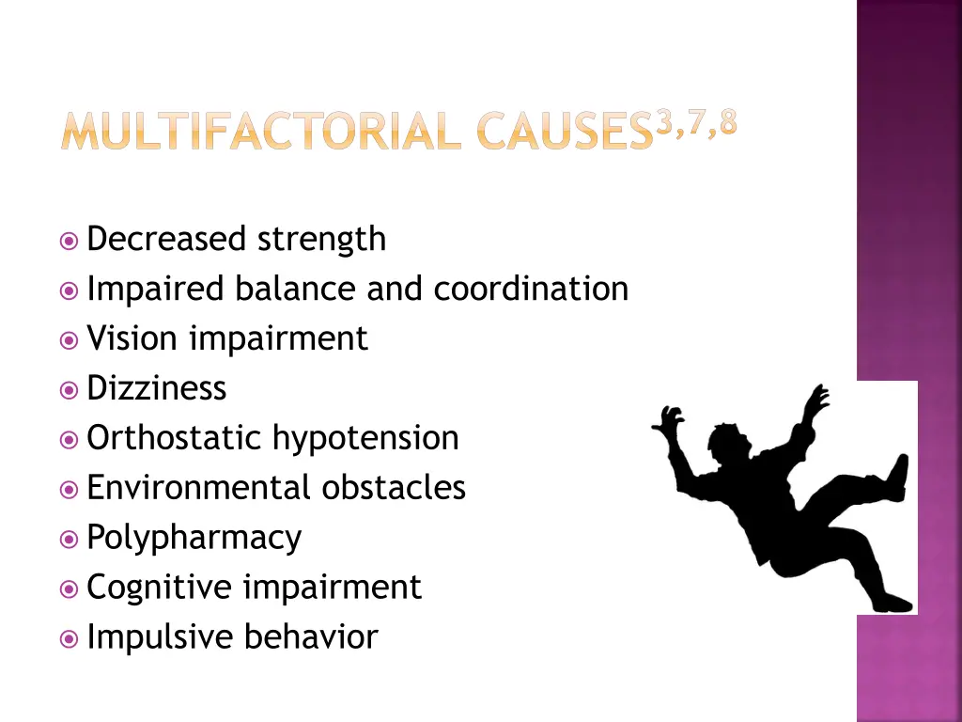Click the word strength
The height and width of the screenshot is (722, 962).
tap(322, 239)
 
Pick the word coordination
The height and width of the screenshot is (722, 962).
tap(531, 289)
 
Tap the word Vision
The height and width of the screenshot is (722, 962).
tap(133, 338)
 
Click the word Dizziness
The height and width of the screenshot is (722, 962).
tap(156, 388)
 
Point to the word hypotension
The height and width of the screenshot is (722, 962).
tap(365, 439)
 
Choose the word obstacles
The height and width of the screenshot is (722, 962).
tap(394, 488)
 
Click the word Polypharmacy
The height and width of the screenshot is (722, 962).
tap(194, 539)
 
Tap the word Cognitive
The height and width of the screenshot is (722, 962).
tap(159, 588)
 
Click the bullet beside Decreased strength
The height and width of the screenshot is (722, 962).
tap(69, 241)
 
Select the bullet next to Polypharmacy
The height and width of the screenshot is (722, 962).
tap(69, 539)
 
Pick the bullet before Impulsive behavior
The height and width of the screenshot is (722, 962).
tap(69, 638)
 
